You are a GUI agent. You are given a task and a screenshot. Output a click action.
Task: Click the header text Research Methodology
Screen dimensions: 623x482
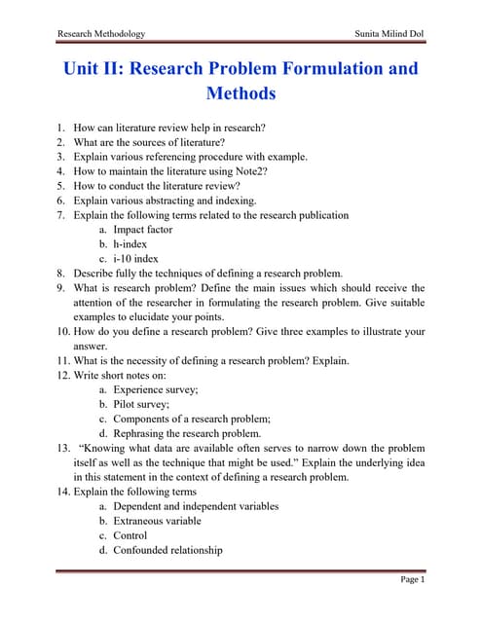(x=101, y=34)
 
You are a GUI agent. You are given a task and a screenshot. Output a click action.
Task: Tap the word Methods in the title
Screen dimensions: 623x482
(x=241, y=94)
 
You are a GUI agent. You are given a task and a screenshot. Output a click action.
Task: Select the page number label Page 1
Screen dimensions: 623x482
(x=413, y=579)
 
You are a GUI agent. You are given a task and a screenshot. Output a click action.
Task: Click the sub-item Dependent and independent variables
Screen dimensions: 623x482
(x=196, y=506)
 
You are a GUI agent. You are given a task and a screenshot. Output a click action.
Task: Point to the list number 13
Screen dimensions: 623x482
(x=62, y=448)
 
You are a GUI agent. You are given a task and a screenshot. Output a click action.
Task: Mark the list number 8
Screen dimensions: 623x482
(x=60, y=274)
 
